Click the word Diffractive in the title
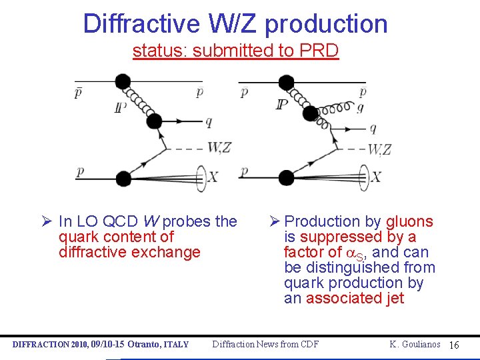(x=141, y=24)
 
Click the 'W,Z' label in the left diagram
(x=219, y=147)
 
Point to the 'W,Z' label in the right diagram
(x=379, y=149)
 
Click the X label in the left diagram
(x=213, y=177)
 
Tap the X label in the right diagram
(x=376, y=177)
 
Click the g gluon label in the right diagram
(x=361, y=107)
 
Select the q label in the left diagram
(x=209, y=121)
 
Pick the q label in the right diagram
(x=372, y=128)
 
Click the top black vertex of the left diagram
(x=122, y=82)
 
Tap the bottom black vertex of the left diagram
(x=123, y=177)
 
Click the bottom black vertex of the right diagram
(x=286, y=177)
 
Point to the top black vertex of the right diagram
(x=286, y=83)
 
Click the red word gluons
(x=409, y=222)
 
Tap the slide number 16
(x=454, y=345)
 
